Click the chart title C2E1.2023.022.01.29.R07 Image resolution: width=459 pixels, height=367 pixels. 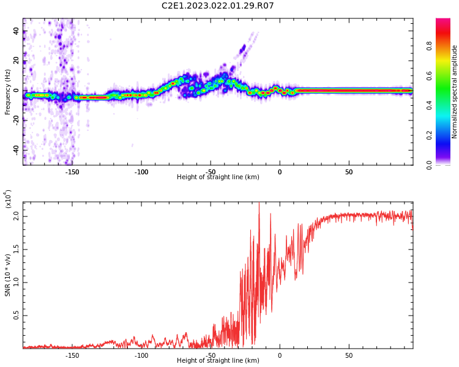point(218,6)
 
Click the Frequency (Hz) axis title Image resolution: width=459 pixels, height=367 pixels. point(8,92)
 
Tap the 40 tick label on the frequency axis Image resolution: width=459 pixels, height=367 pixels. point(16,31)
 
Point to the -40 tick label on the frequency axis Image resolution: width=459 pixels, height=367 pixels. point(15,149)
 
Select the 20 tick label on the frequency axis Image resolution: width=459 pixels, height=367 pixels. point(16,61)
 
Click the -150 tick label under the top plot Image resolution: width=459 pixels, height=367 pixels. point(72,171)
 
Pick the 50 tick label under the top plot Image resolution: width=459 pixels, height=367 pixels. point(349,171)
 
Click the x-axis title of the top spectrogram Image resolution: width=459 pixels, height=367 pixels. point(218,177)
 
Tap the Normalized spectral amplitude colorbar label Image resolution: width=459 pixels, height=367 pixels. point(455,92)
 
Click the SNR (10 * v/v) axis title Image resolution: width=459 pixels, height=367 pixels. point(8,275)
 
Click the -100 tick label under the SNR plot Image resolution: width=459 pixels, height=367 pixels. point(141,355)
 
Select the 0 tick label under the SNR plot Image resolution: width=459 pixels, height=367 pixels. point(280,355)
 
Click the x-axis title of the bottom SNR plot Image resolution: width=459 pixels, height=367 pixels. point(218,361)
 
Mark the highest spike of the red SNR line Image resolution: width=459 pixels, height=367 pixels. point(259,204)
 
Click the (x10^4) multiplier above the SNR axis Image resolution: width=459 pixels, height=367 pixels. point(8,199)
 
